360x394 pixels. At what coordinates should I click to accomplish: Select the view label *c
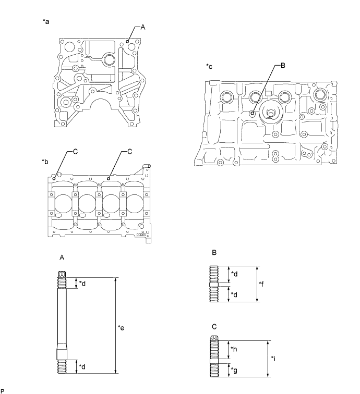(209, 66)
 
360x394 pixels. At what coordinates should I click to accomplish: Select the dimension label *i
(274, 359)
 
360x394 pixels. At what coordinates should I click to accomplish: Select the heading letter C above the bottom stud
(214, 327)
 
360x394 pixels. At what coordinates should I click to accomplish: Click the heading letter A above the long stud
(62, 257)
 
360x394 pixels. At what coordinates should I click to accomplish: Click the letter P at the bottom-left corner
(3, 390)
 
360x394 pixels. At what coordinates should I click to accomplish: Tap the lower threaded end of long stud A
(62, 367)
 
